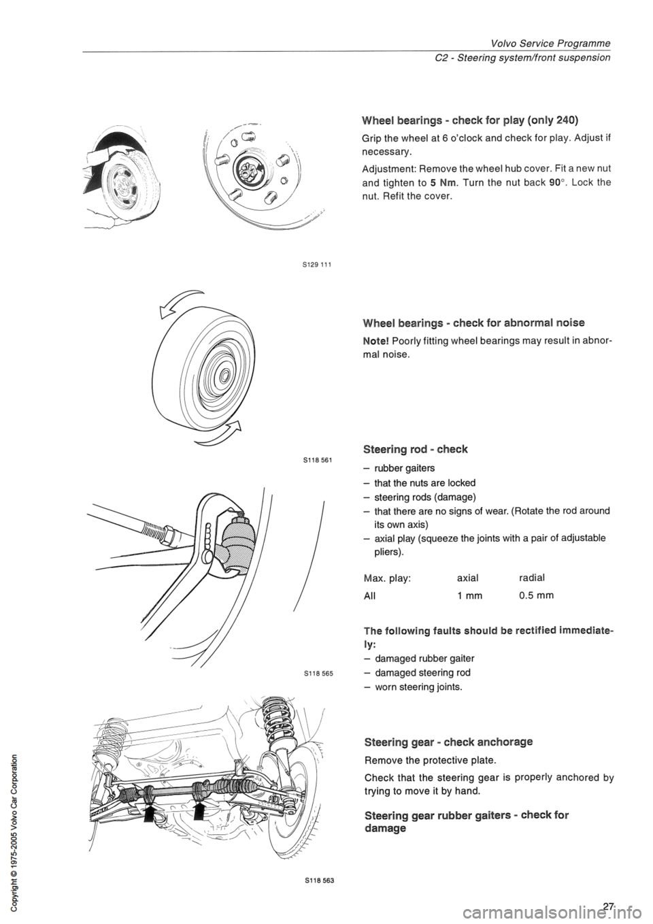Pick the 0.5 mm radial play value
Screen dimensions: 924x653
click(x=536, y=595)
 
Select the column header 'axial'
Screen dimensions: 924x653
click(x=467, y=577)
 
